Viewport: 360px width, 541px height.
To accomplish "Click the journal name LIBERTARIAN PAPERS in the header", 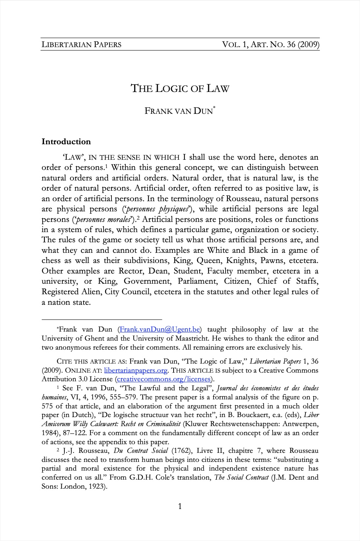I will click(81, 44).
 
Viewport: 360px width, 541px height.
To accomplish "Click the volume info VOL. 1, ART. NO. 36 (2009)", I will click(271, 44).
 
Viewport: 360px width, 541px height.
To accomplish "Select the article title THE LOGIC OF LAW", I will click(180, 89).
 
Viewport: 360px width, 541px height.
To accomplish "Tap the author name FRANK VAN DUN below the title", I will click(178, 111).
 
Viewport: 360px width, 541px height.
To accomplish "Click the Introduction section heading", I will click(66, 142).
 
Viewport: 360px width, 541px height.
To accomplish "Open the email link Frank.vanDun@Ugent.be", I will click(159, 329).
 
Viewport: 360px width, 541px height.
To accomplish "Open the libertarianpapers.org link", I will click(136, 370).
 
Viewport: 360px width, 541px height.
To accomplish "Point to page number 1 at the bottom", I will click(180, 506).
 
